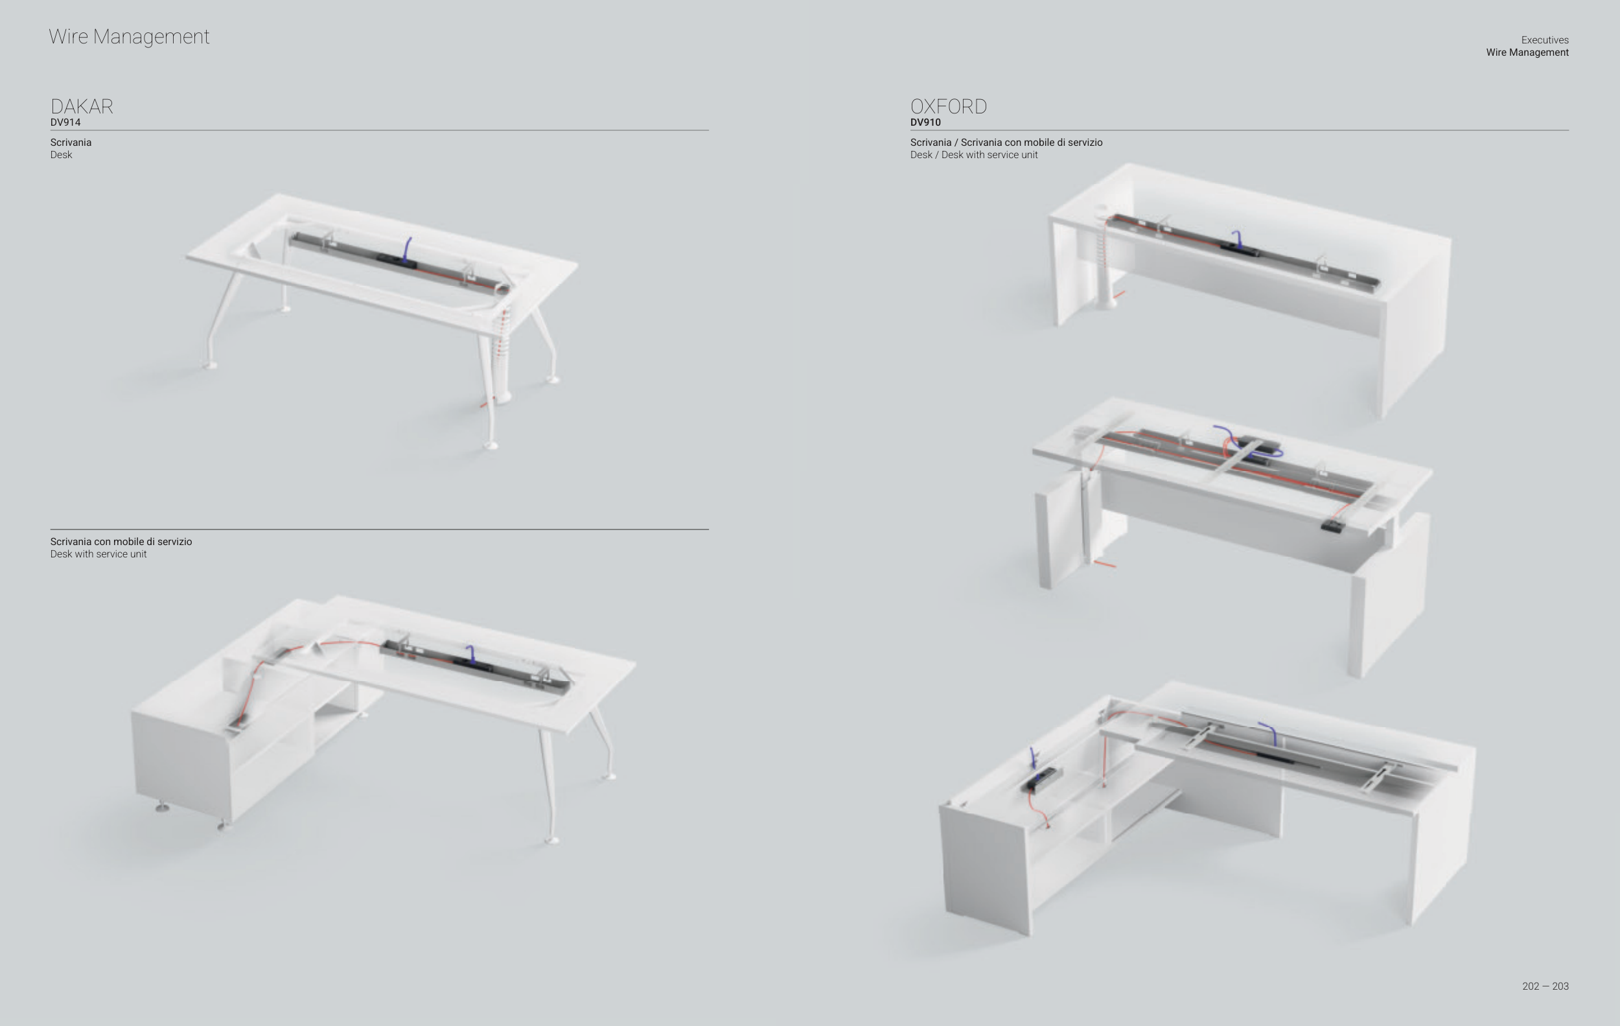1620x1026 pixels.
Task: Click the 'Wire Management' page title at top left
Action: coord(128,36)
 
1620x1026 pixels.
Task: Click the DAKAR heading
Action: coord(82,106)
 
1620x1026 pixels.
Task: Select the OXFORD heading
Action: coord(948,106)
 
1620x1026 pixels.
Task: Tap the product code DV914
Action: coord(65,122)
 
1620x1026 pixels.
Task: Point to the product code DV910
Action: coord(925,122)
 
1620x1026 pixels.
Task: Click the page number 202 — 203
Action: coord(1545,986)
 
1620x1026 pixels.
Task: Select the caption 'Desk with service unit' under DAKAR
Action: coord(98,554)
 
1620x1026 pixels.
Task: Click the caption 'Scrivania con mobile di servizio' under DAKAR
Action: coord(121,542)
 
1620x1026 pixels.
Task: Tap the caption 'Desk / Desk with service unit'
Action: coord(973,155)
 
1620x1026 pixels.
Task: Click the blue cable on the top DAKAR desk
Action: coord(406,249)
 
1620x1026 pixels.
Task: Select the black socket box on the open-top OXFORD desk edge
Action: coord(1332,526)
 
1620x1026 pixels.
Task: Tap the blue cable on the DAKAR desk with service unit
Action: coord(471,653)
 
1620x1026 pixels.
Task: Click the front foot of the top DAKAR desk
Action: coord(491,445)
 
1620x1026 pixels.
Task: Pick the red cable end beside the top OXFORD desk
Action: coord(1119,294)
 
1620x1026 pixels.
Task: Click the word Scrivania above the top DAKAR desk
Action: coord(71,143)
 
